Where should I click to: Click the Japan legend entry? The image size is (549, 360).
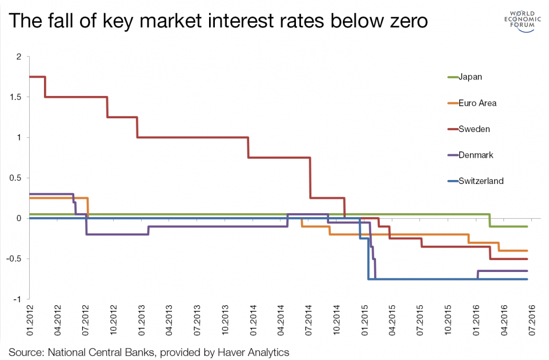pos(464,77)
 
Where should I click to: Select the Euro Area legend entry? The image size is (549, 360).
pos(472,103)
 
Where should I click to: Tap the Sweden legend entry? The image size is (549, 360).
pos(469,129)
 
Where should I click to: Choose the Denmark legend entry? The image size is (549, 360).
pos(470,155)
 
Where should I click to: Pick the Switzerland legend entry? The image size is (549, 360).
pos(475,181)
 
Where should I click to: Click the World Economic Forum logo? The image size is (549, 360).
pos(522,21)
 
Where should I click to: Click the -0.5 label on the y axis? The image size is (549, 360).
pos(14,259)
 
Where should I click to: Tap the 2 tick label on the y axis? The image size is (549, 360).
pos(19,57)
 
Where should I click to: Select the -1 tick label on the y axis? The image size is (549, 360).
pos(17,299)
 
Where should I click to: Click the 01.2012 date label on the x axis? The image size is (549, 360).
pos(30,320)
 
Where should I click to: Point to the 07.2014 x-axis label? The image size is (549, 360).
pos(309,320)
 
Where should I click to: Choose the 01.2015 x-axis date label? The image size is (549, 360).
pos(365,320)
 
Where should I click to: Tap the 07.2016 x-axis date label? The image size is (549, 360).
pos(532,320)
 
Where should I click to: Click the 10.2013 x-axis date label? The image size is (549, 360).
pos(225,320)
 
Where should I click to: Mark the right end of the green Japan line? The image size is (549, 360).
pos(527,227)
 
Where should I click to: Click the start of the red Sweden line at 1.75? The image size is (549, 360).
pos(30,77)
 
